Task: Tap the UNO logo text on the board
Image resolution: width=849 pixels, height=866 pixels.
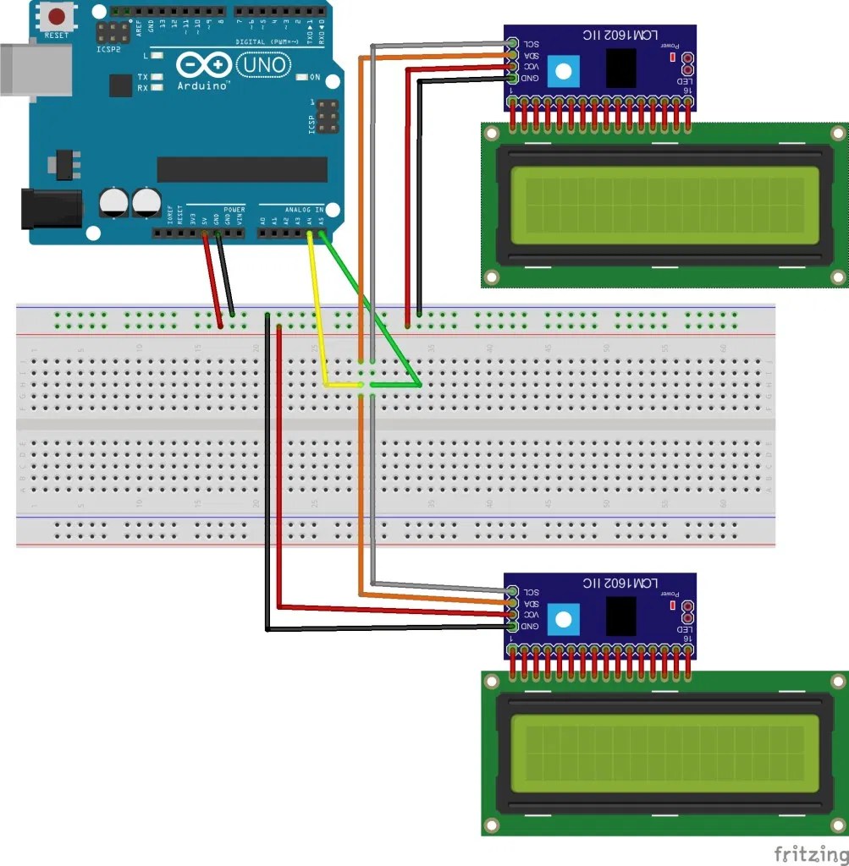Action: pos(263,64)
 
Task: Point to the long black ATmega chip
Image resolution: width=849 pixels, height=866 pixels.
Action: pos(242,169)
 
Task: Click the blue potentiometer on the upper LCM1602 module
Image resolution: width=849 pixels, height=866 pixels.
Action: pos(560,72)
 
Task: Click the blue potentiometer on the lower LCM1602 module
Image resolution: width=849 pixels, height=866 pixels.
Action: pos(560,620)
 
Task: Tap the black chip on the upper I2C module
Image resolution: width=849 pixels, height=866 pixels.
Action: pos(622,67)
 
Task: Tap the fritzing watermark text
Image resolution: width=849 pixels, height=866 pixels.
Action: pos(808,852)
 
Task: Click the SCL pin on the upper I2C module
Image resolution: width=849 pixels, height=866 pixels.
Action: pos(512,43)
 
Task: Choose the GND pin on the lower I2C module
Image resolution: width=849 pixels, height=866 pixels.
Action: pos(512,626)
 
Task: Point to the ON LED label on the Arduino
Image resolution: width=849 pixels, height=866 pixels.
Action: pos(315,78)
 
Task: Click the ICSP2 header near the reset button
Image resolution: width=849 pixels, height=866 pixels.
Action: pos(108,34)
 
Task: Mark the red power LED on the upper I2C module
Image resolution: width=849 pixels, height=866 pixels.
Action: pos(672,58)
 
